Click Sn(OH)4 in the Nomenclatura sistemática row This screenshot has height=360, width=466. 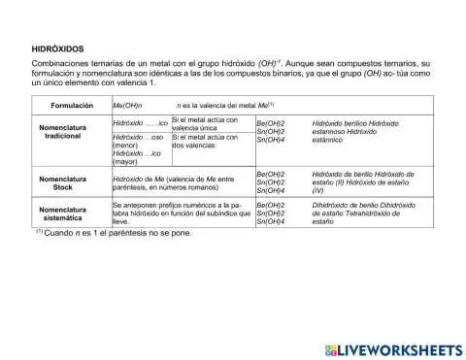click(x=271, y=222)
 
